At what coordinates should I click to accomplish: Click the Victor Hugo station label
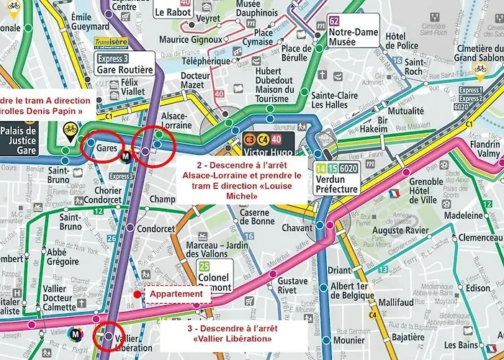[269, 153]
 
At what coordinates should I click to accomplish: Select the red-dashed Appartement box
[177, 294]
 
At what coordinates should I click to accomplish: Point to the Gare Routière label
[124, 70]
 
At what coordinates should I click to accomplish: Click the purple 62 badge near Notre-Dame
[333, 21]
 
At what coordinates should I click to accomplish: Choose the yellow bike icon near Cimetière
[480, 70]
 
